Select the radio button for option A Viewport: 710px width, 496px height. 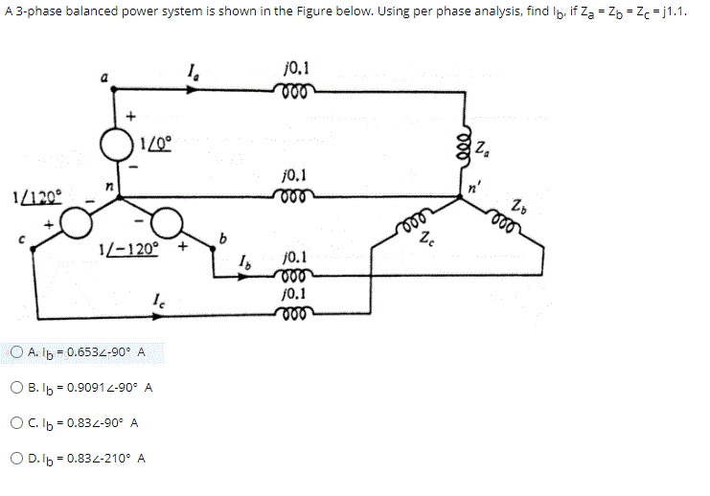19,351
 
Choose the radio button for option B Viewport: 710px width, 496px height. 19,387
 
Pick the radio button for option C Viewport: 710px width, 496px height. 19,422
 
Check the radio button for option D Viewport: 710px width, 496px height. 19,458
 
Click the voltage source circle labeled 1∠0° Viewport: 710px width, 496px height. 118,146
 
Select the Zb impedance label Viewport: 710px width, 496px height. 518,204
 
